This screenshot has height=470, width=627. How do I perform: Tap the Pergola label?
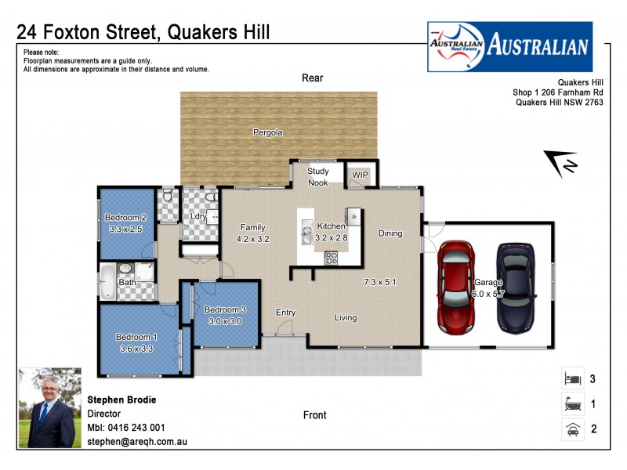(x=267, y=132)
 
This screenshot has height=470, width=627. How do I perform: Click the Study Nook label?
(x=317, y=176)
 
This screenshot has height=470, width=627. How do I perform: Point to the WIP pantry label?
(x=360, y=174)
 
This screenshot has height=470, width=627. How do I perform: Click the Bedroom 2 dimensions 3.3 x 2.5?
(x=126, y=229)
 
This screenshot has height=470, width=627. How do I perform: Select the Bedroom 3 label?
(x=226, y=309)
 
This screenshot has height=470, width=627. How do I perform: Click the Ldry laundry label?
(x=198, y=217)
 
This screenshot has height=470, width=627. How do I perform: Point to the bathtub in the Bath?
(x=108, y=282)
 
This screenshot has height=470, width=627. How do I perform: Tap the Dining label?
(x=390, y=233)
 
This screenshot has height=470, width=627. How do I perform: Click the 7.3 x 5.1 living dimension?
(x=381, y=281)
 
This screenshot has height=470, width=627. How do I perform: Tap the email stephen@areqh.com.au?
(x=137, y=442)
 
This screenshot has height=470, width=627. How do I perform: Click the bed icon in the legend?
(x=571, y=379)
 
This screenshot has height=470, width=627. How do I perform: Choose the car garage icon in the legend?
(x=571, y=428)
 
